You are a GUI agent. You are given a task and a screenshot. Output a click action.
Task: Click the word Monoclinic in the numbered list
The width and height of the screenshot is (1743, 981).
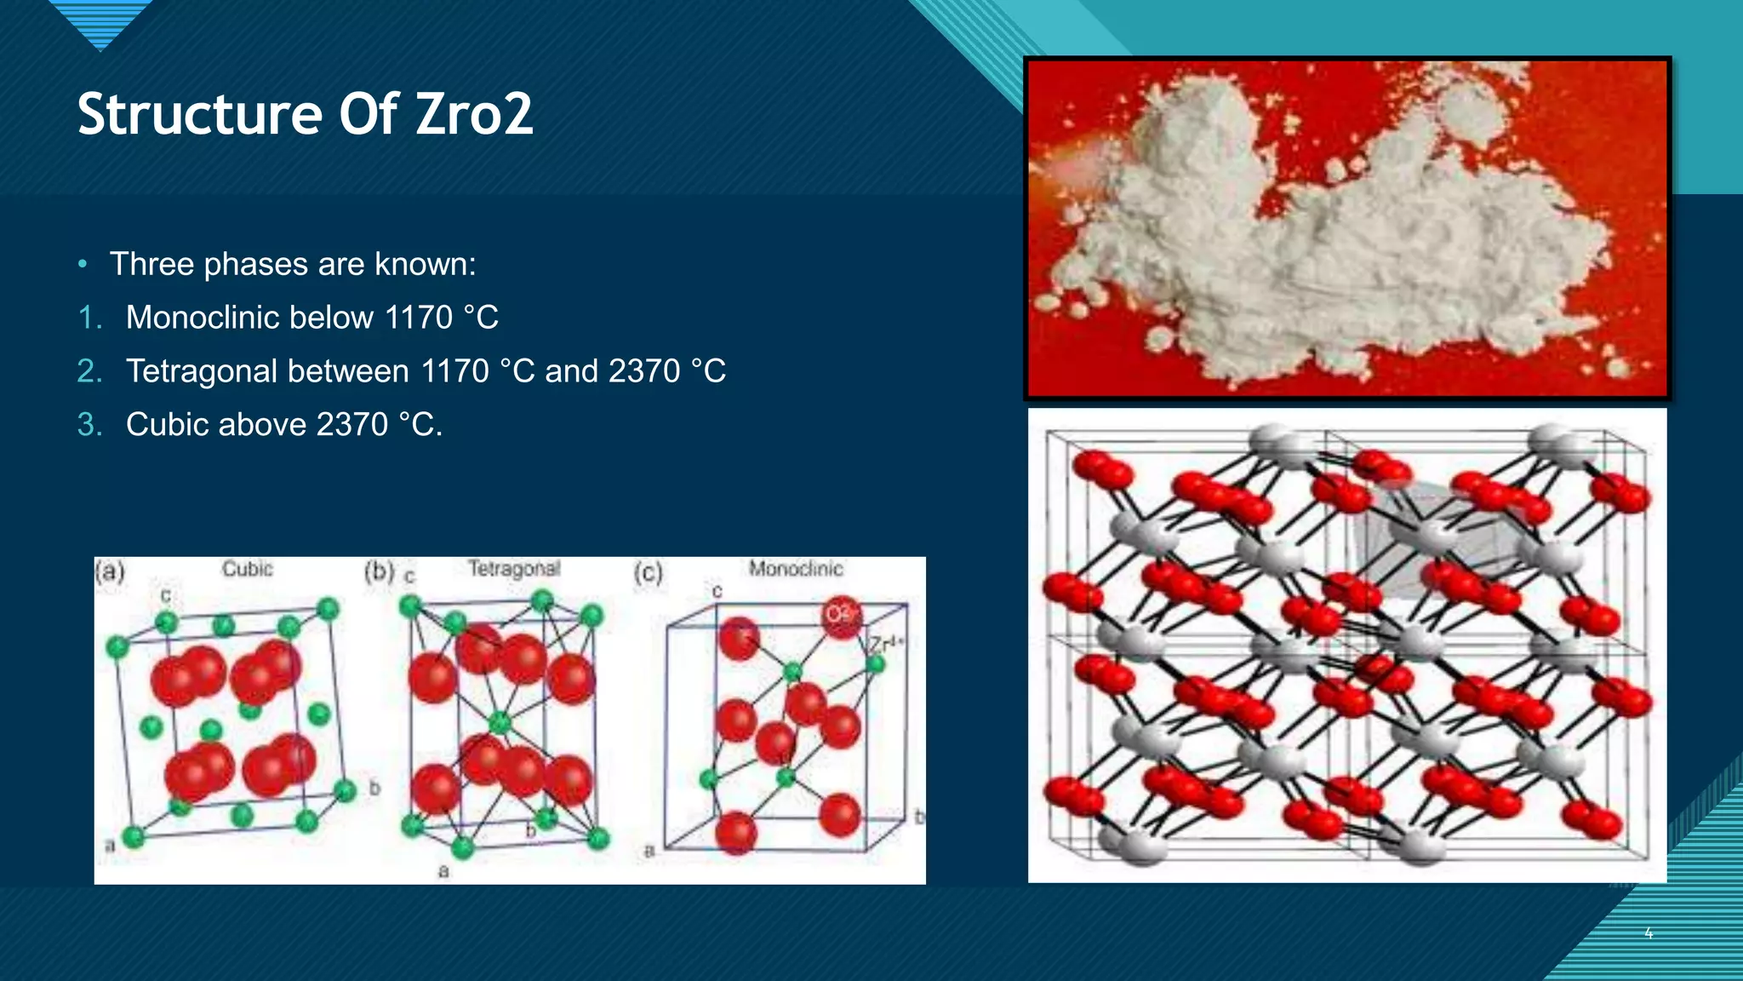(x=249, y=318)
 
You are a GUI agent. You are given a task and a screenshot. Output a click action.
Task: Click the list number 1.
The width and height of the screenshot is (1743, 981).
(x=89, y=318)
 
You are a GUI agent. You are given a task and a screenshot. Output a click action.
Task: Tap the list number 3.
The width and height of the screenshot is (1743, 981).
(x=89, y=425)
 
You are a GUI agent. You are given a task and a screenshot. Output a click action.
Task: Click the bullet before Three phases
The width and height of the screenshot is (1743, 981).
(x=83, y=265)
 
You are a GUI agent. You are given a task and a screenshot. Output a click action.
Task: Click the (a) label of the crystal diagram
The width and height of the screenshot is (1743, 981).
(x=110, y=571)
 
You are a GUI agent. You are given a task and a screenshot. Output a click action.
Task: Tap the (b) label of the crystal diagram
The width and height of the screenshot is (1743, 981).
(x=379, y=571)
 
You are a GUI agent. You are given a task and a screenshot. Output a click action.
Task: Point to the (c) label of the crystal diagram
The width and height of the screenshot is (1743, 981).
(x=648, y=572)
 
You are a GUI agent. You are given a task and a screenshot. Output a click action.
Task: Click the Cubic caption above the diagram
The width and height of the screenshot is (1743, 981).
(x=247, y=568)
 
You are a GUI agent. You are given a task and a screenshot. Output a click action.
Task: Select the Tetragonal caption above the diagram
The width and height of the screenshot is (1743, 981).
(x=514, y=568)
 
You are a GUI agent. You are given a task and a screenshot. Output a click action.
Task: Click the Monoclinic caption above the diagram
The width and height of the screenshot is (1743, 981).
(x=796, y=568)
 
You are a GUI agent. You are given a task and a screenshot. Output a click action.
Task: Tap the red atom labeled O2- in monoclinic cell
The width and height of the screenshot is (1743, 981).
(x=841, y=615)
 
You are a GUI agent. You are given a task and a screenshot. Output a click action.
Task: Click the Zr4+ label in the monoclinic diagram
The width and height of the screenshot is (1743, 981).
(x=886, y=644)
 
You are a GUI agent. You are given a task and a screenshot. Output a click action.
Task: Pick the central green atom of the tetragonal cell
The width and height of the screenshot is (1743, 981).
(x=500, y=724)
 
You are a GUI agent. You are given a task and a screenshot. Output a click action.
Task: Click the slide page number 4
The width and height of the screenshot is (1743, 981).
(x=1649, y=933)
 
